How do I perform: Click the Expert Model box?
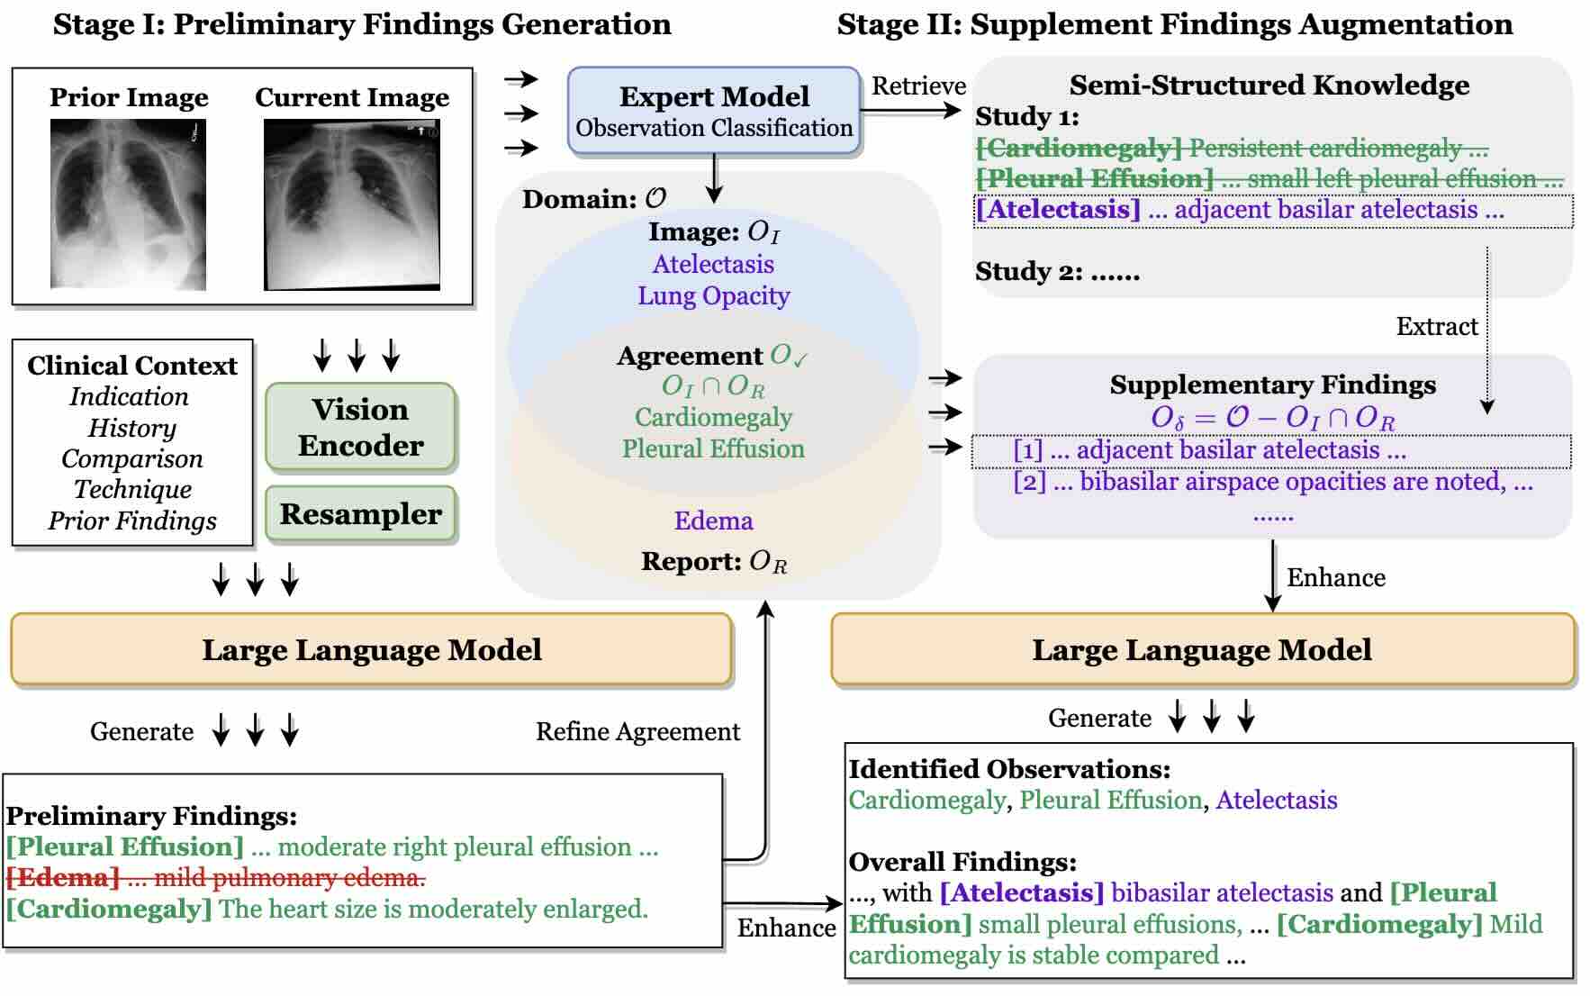tap(714, 111)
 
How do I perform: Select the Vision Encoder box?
tap(361, 428)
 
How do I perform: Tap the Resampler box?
tap(361, 514)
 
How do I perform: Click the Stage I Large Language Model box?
tap(371, 650)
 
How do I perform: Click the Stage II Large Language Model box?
tap(1202, 650)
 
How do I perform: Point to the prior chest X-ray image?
tap(128, 204)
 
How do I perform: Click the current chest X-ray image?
tap(352, 205)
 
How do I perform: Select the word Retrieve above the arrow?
tap(918, 86)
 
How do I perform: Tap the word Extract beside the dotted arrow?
tap(1437, 327)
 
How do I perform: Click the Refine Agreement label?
tap(637, 732)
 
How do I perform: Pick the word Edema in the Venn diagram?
tap(714, 521)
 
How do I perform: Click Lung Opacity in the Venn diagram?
tap(714, 296)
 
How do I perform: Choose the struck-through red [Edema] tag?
tap(63, 878)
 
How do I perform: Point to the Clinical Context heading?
tap(132, 366)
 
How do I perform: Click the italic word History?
tap(131, 428)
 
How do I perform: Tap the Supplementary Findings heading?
tap(1272, 385)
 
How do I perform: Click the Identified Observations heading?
tap(1009, 770)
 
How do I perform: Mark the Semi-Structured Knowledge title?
tap(1269, 86)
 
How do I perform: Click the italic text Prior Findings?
tap(132, 521)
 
